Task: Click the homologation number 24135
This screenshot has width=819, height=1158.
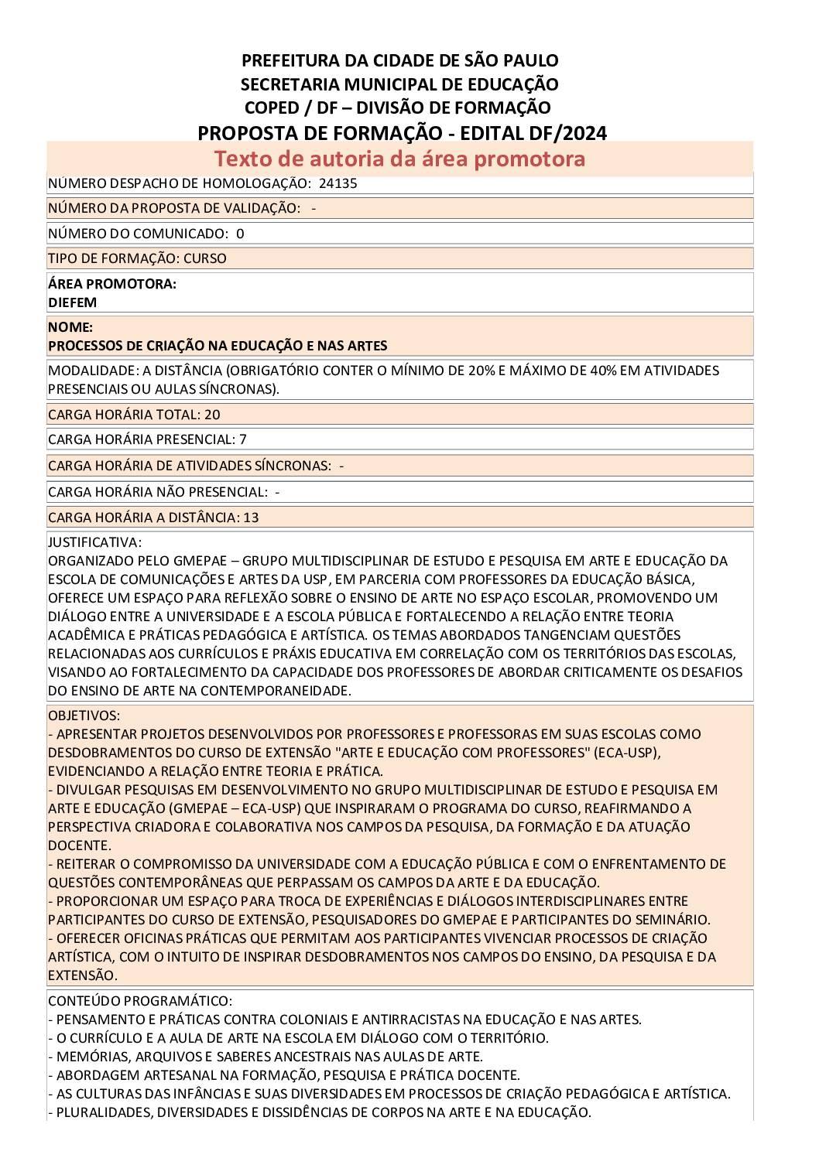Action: point(338,184)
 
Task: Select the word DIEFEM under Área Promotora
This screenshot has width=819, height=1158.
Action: point(72,302)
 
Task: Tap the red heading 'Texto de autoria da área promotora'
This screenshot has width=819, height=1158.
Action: point(399,159)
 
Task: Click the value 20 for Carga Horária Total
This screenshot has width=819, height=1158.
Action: point(212,415)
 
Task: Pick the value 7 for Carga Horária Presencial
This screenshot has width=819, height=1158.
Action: point(243,439)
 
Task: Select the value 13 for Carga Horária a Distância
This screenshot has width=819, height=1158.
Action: point(251,518)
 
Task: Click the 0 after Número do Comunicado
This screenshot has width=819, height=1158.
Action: point(240,234)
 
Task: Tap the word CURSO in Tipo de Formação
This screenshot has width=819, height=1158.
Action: point(205,258)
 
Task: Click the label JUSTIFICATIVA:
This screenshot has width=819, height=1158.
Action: point(94,542)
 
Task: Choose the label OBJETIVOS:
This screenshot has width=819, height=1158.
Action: point(84,716)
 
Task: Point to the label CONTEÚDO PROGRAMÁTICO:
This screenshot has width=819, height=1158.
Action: point(139,1001)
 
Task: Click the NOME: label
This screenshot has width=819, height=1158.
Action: point(70,327)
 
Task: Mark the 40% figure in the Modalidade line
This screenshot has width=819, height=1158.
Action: point(604,371)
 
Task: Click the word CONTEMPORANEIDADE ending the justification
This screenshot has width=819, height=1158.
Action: point(276,691)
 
